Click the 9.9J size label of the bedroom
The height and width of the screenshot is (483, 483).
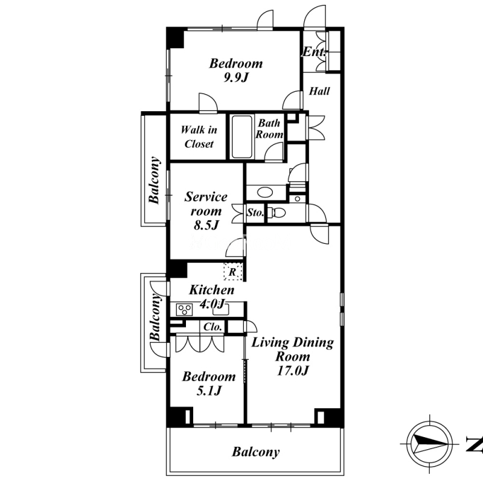coord(235,78)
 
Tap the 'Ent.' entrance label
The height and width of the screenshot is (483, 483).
coord(314,52)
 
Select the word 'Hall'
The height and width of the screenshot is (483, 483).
coord(319,91)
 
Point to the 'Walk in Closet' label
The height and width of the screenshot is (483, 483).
coord(199,137)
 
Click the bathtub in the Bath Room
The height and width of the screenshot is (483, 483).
coord(242,136)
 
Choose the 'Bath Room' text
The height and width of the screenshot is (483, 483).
coord(269,129)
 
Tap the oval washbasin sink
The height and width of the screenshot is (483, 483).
coord(265,193)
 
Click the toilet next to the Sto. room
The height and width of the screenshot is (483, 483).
coord(277,213)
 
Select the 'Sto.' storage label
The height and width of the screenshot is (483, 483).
coord(255,213)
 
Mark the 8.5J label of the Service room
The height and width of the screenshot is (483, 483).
coord(206,225)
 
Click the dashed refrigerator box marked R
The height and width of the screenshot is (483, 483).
coord(233,271)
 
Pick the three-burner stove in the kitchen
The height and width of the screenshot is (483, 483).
coord(185,310)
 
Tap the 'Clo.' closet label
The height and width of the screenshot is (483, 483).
coord(213,327)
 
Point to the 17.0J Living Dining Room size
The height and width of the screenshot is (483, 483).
coord(293,370)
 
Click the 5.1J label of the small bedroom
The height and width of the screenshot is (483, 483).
coord(209,391)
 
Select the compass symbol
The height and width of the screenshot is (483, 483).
coord(429,444)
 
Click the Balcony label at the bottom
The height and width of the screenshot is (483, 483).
coord(255,452)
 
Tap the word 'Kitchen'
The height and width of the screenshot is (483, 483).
coord(212,290)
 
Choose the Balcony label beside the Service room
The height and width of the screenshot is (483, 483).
coord(155,180)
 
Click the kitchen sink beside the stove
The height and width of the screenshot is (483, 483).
coord(220,310)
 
